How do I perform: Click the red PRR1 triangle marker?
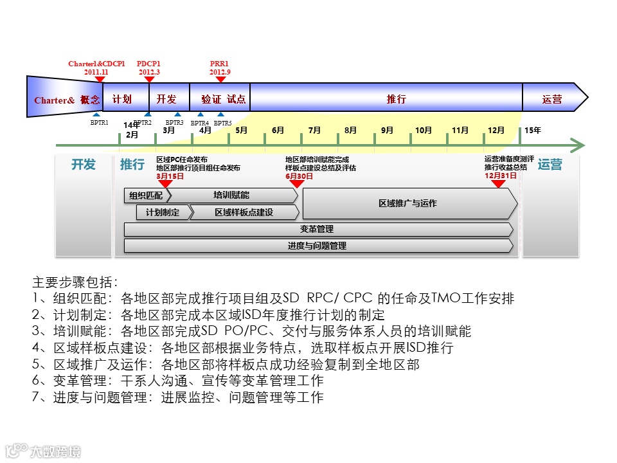(x=220, y=80)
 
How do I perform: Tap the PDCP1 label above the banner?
(x=148, y=64)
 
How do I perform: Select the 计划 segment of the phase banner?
(x=122, y=100)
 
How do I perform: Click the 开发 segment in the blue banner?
(x=166, y=100)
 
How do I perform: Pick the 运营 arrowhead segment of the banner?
(x=552, y=100)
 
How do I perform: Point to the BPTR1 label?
(x=99, y=122)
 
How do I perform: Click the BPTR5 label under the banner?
(x=222, y=123)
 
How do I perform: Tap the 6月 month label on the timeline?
(x=278, y=130)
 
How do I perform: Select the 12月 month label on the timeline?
(x=496, y=130)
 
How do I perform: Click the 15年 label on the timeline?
(x=533, y=130)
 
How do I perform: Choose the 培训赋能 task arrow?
(x=231, y=195)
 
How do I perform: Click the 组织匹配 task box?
(x=146, y=195)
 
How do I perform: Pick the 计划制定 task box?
(x=163, y=212)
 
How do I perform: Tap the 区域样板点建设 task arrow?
(x=244, y=212)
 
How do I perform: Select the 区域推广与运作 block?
(x=407, y=203)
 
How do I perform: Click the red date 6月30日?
(x=300, y=176)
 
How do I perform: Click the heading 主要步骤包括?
(x=75, y=282)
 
